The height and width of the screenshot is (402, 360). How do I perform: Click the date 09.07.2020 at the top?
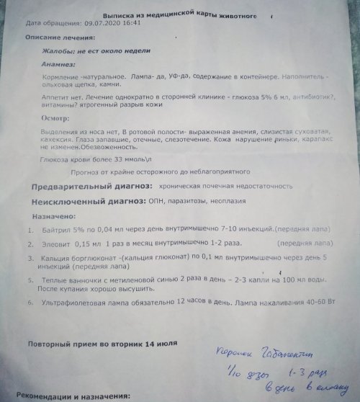(x=104, y=22)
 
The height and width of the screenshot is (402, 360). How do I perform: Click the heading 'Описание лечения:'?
(x=58, y=36)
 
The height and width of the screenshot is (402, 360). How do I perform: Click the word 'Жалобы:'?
(x=62, y=50)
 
